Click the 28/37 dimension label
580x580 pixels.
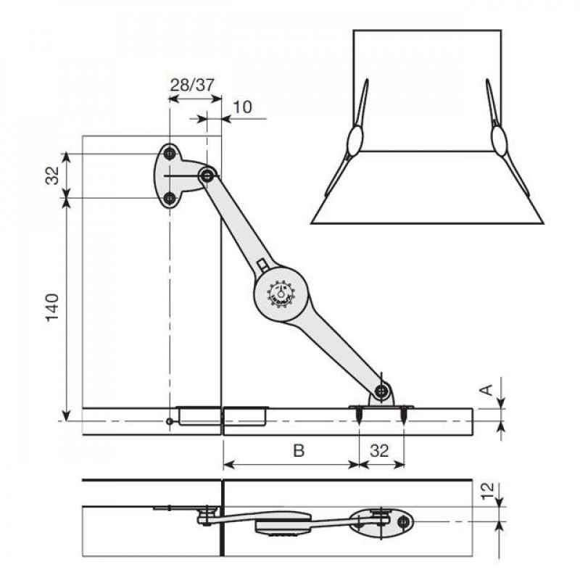(191, 84)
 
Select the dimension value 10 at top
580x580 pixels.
(243, 107)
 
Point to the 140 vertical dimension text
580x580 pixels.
(53, 308)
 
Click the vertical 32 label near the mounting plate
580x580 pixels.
(53, 175)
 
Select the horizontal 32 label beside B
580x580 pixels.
(378, 451)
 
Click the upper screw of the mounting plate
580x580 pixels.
(169, 153)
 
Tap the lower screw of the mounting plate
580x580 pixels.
(169, 198)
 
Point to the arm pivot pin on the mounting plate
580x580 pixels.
(207, 175)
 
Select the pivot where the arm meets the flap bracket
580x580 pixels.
(381, 392)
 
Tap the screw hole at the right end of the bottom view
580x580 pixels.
(405, 521)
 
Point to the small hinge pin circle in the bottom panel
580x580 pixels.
(169, 421)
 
